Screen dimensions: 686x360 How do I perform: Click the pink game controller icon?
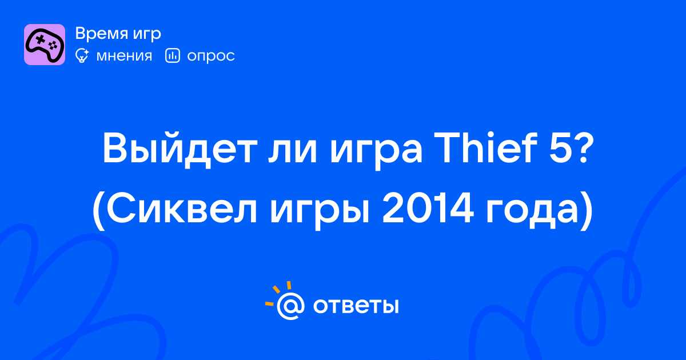(x=45, y=45)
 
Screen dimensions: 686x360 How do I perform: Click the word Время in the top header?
(x=101, y=33)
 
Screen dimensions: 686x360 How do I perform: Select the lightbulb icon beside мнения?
(x=82, y=55)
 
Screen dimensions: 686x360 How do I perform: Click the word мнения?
(x=124, y=56)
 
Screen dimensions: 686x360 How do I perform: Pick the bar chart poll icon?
(x=173, y=55)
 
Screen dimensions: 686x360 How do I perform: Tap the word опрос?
(x=211, y=57)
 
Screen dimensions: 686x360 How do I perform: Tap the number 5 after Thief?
(x=561, y=149)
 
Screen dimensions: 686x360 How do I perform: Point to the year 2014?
(x=428, y=209)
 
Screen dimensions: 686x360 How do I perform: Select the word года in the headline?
(x=535, y=211)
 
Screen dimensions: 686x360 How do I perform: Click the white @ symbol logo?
(x=290, y=306)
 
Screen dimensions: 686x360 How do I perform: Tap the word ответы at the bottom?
(x=356, y=306)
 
